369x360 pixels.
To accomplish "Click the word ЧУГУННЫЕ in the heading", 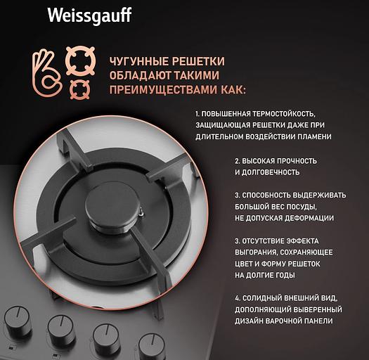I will (138, 61).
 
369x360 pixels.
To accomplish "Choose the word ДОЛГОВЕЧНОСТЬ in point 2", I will (271, 172).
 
